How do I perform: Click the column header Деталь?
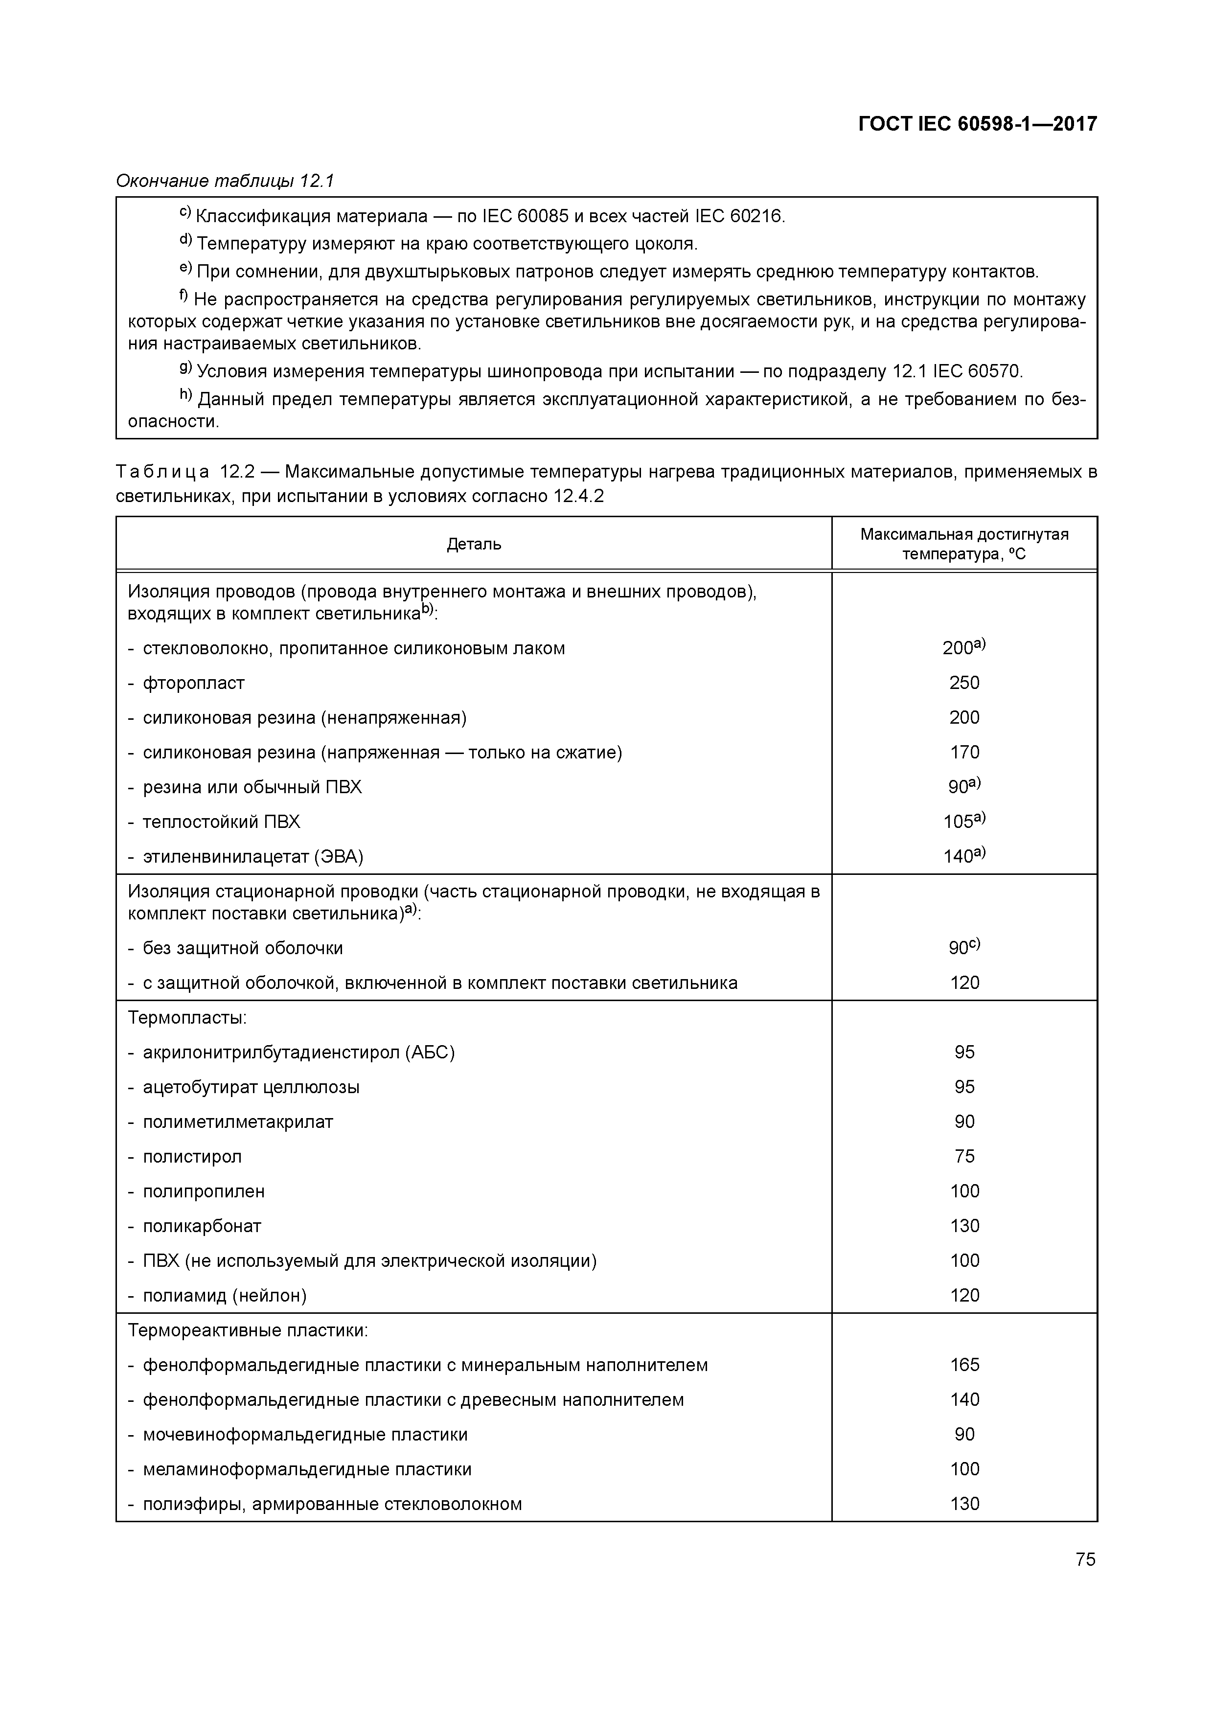click(474, 544)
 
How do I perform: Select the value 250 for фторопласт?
click(964, 683)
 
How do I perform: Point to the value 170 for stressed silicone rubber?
click(964, 752)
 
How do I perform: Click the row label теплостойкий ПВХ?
click(221, 822)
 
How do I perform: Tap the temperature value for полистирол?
click(964, 1156)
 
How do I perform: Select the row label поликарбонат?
click(202, 1226)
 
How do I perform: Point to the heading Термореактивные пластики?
click(248, 1330)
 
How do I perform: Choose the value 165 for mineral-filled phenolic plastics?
click(964, 1365)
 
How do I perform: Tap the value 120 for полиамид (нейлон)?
click(964, 1295)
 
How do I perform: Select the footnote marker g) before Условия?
click(185, 369)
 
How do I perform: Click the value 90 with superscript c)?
click(962, 948)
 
